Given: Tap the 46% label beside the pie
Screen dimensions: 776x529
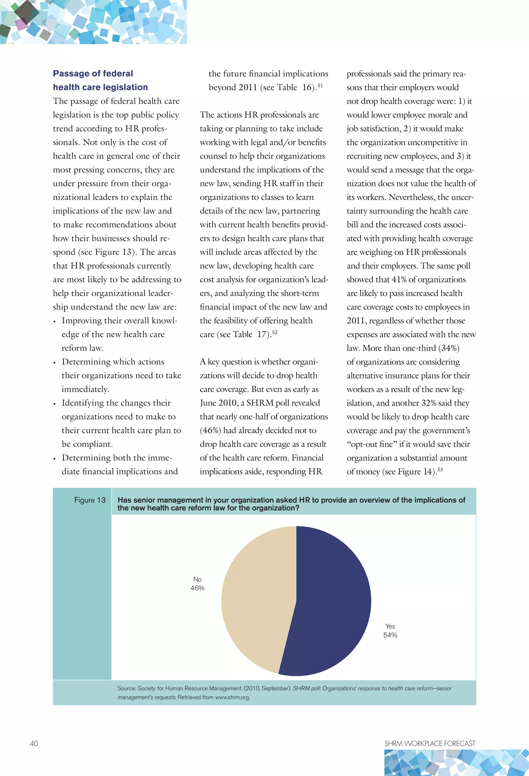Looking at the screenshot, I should coord(197,588).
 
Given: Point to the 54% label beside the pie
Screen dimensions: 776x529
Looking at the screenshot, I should coord(390,635).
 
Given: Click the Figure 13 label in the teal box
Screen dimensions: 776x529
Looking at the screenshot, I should coord(90,500).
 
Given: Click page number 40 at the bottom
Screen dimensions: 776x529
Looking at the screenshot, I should coord(34,743).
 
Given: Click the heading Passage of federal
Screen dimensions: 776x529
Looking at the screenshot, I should coord(93,73).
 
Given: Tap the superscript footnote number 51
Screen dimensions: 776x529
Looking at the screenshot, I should coord(320,86).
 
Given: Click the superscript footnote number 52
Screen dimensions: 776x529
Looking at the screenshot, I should coord(275,332).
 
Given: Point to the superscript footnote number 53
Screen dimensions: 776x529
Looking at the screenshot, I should coord(440,469).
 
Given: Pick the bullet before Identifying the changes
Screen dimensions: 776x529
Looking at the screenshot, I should coord(54,404).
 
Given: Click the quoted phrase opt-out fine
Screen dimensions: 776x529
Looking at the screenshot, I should coord(372,444).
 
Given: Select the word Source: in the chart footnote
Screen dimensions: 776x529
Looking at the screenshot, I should coord(127,688).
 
